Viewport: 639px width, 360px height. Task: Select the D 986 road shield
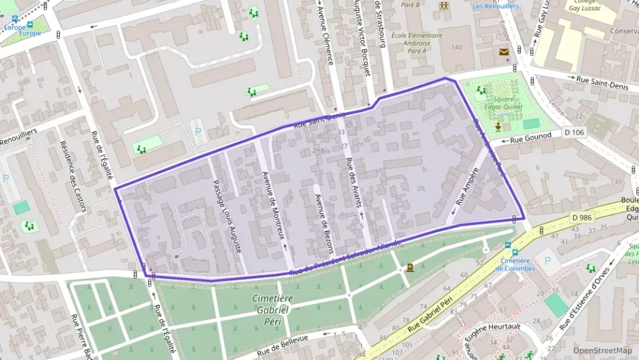tap(582, 217)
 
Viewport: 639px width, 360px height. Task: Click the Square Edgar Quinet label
tap(504, 103)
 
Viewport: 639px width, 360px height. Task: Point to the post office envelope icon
tap(504, 52)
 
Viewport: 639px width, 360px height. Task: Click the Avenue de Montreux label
tap(274, 204)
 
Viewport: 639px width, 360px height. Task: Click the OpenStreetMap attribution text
tap(598, 350)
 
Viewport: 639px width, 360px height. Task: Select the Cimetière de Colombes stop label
tap(515, 264)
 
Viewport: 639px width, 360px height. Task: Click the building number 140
tap(456, 47)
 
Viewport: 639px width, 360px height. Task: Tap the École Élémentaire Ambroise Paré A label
tap(416, 43)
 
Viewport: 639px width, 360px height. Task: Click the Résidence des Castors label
tap(74, 176)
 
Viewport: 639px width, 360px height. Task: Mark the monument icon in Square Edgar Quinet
tap(500, 127)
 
